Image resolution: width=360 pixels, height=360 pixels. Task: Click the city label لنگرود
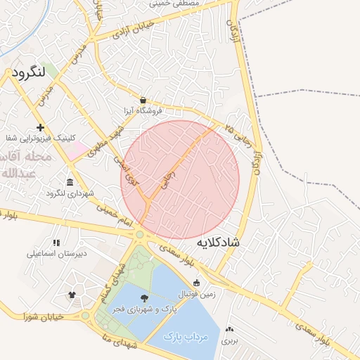pos(29,72)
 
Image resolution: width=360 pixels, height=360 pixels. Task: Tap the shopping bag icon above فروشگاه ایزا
pos(143,101)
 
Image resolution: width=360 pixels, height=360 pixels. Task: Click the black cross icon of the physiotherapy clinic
pos(41,127)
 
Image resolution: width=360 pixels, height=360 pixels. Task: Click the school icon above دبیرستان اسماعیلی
pos(56,242)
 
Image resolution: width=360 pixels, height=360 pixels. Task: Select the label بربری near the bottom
pos(230,340)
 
